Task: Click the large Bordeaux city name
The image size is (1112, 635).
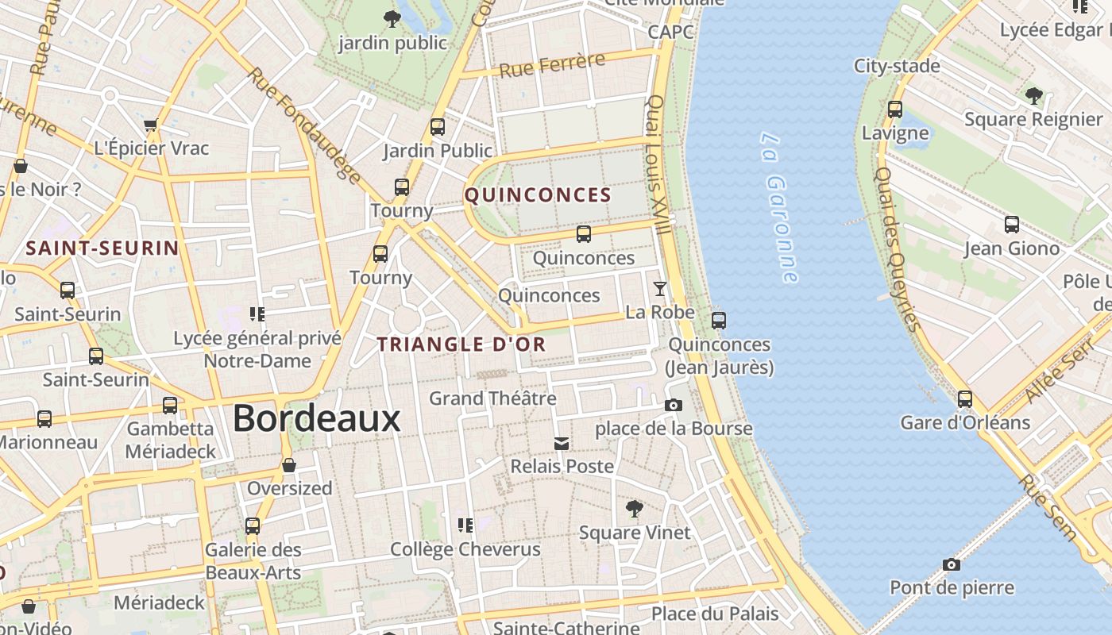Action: (316, 418)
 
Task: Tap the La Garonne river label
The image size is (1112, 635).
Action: (778, 207)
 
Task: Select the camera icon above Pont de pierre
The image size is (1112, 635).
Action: (952, 564)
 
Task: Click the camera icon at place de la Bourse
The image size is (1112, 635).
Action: (674, 406)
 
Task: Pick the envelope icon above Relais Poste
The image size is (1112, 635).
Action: (562, 443)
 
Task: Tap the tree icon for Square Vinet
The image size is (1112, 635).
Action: (634, 508)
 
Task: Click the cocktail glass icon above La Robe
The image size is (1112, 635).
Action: (659, 288)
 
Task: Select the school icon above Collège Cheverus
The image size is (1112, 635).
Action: (465, 525)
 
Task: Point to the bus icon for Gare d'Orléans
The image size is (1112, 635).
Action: (965, 398)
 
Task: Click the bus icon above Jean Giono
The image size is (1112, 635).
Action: (1012, 225)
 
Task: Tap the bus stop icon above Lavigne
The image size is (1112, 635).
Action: (895, 110)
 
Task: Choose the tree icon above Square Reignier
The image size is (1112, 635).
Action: (1033, 96)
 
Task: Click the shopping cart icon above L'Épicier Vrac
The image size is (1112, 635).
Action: (151, 125)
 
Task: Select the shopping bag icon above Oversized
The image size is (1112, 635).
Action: (289, 464)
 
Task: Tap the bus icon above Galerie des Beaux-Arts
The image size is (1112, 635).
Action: (253, 525)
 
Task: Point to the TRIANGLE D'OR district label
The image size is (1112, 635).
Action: (461, 344)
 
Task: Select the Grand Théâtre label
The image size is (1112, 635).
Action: (492, 398)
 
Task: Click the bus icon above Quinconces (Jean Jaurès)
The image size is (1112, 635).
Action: (719, 321)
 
